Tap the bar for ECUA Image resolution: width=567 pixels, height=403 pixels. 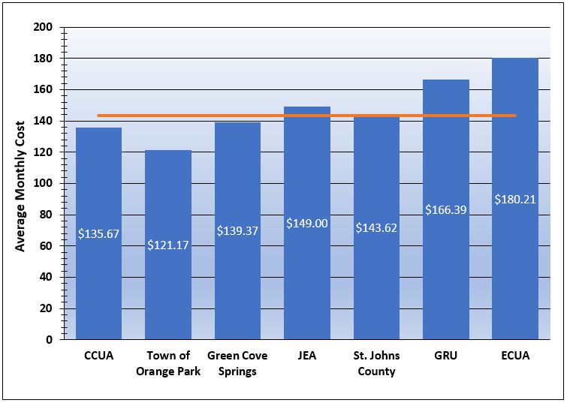click(x=515, y=263)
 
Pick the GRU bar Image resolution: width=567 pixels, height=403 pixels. click(x=446, y=270)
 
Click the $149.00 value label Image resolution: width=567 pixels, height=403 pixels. click(x=307, y=223)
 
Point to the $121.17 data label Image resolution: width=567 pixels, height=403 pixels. click(x=168, y=245)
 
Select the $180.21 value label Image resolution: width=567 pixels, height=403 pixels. click(x=515, y=199)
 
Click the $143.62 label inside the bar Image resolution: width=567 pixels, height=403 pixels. click(x=376, y=227)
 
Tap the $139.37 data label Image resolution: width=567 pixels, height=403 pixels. click(x=237, y=230)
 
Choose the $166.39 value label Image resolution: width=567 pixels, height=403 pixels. click(x=446, y=209)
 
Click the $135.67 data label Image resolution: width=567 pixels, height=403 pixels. click(x=98, y=233)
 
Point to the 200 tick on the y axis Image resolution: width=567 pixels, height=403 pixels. click(x=43, y=27)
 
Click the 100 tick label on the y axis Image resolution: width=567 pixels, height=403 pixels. click(x=43, y=183)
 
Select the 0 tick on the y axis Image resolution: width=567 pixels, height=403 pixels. click(x=49, y=339)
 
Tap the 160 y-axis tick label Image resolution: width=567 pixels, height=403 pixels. click(x=43, y=89)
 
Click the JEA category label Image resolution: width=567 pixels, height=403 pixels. click(x=307, y=356)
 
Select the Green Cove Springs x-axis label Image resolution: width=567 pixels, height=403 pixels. click(x=237, y=363)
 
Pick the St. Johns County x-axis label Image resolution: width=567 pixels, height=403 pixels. click(x=376, y=363)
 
